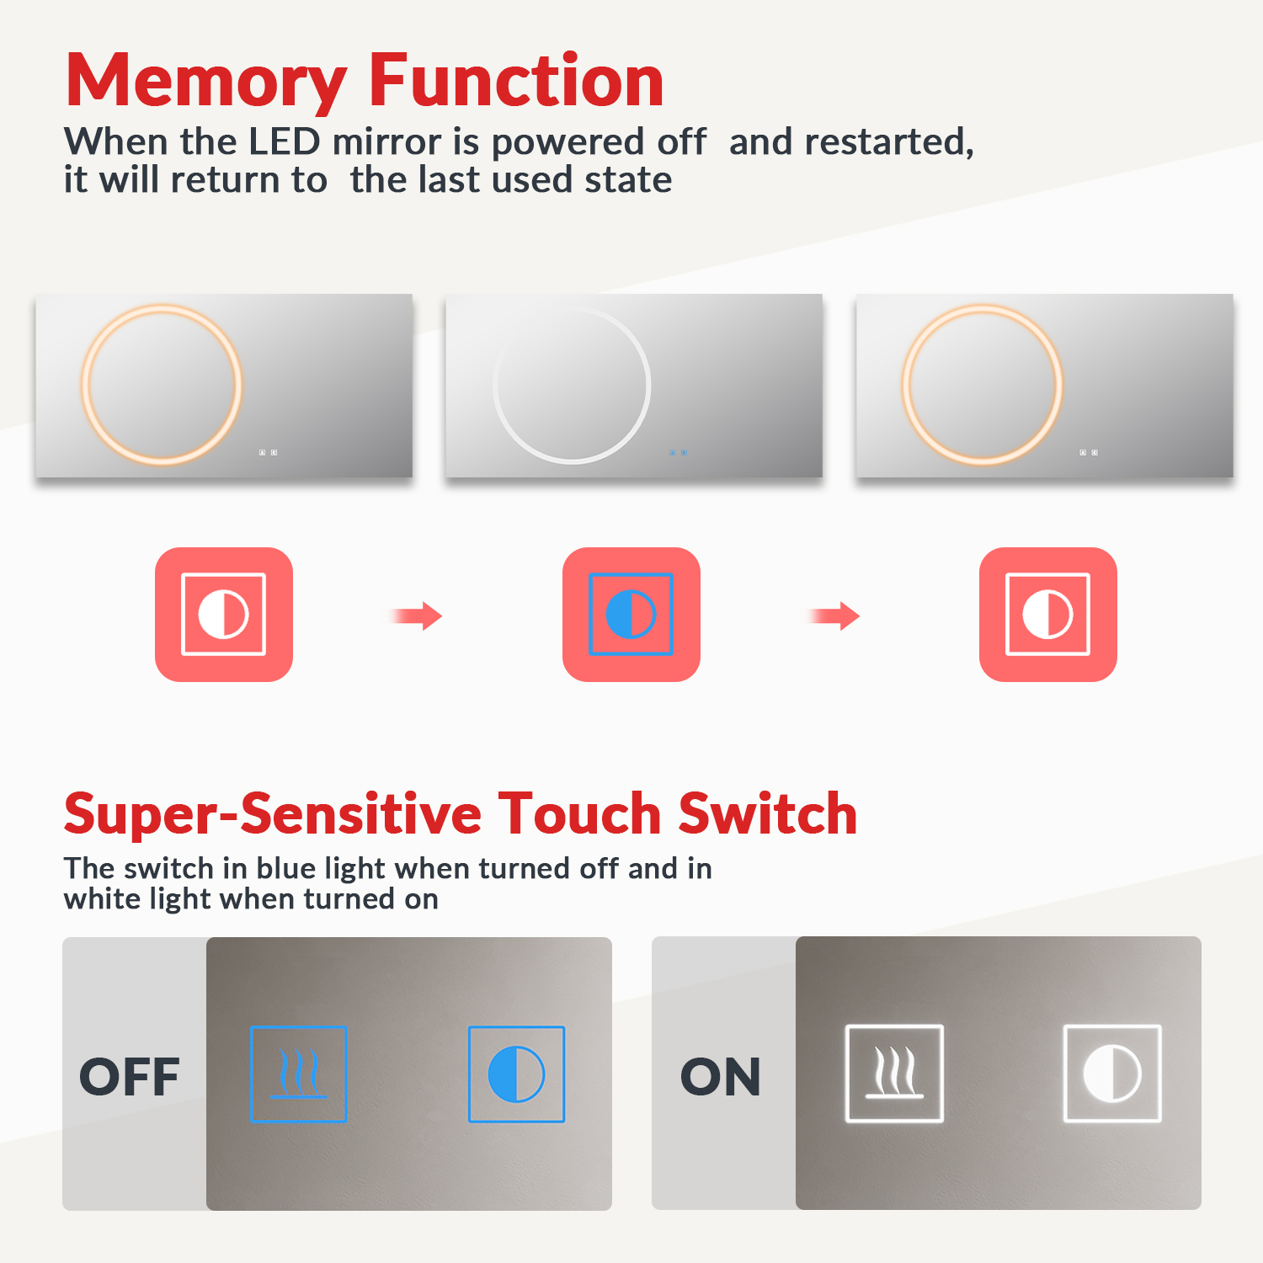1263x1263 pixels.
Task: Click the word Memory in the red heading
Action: (x=206, y=82)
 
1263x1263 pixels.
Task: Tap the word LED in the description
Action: (x=285, y=141)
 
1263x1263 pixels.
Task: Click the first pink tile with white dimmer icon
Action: (x=224, y=615)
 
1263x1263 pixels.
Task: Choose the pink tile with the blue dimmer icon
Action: (x=631, y=615)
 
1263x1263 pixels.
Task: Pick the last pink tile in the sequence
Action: (x=1048, y=615)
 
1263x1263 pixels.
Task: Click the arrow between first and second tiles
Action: (x=417, y=616)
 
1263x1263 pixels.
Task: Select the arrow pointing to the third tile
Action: (x=834, y=616)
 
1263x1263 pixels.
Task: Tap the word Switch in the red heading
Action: (x=768, y=814)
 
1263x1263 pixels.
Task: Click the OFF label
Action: (x=130, y=1077)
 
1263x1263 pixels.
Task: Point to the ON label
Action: (x=721, y=1077)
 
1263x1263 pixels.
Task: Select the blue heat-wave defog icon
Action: (x=299, y=1074)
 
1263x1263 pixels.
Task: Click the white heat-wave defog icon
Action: (x=894, y=1074)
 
